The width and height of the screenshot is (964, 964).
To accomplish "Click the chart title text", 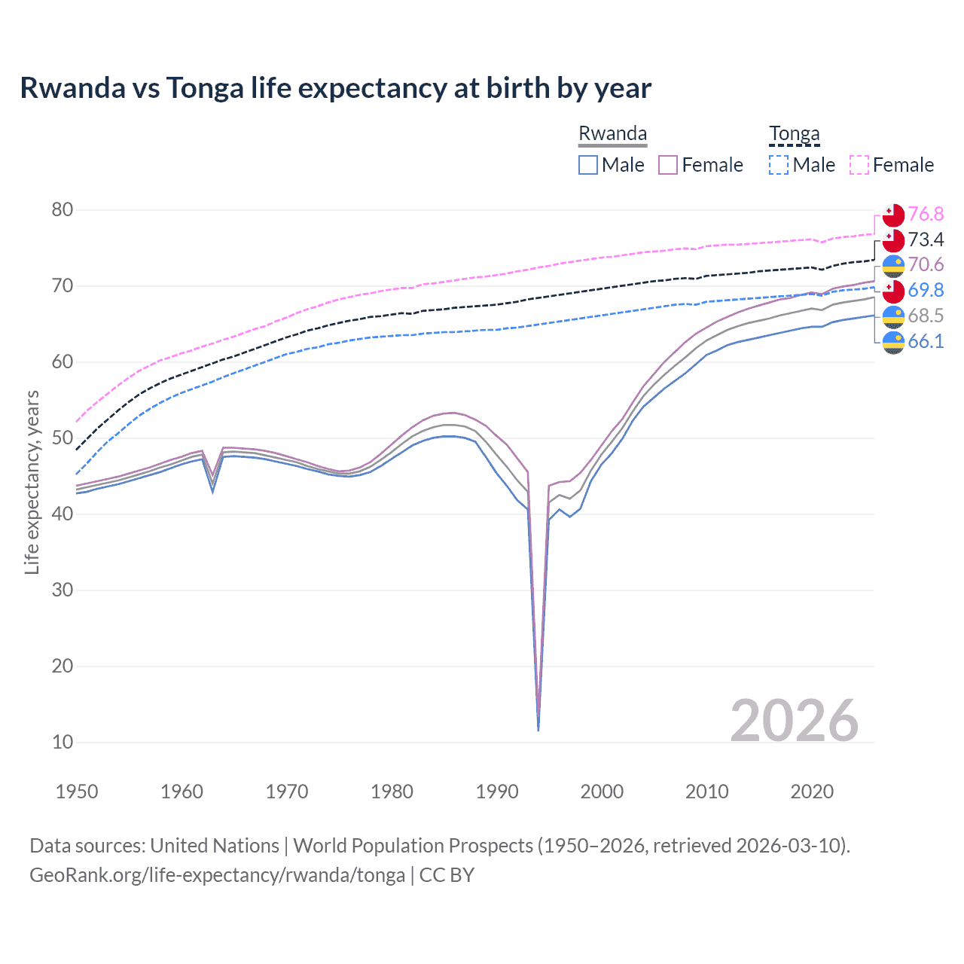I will coord(335,88).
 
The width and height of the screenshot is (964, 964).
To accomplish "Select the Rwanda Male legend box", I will coord(588,165).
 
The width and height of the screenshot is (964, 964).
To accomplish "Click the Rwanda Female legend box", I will coord(668,165).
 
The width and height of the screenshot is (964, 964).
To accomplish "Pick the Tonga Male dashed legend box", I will coord(779,165).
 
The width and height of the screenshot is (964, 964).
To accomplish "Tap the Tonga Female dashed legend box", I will coord(859,165).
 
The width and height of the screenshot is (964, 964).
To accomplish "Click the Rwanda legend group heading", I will coord(612,133).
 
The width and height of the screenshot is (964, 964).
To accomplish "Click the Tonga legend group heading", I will coord(794,133).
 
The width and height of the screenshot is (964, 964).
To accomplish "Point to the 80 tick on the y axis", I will coord(63,210).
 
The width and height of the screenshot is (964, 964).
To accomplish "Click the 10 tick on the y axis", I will coord(63,742).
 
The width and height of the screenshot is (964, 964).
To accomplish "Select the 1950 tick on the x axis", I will coord(77,792).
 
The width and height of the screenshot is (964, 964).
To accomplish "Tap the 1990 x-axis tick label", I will coord(497,792).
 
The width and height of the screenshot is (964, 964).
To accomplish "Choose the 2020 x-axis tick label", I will coord(812,792).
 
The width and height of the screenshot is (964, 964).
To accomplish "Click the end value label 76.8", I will coord(926,215).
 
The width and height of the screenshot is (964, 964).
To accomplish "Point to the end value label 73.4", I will coord(926,240).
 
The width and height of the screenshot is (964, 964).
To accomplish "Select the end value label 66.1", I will coord(926,342).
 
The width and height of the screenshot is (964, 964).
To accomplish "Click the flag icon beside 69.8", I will coord(893,291).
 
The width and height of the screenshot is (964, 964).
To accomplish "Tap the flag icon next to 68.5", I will coord(893,316).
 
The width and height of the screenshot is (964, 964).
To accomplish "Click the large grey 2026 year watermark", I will coord(795,721).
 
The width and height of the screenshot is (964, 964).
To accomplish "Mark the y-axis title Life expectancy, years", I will coord(32,482).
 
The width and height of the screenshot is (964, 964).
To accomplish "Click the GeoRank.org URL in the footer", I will coord(217,875).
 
